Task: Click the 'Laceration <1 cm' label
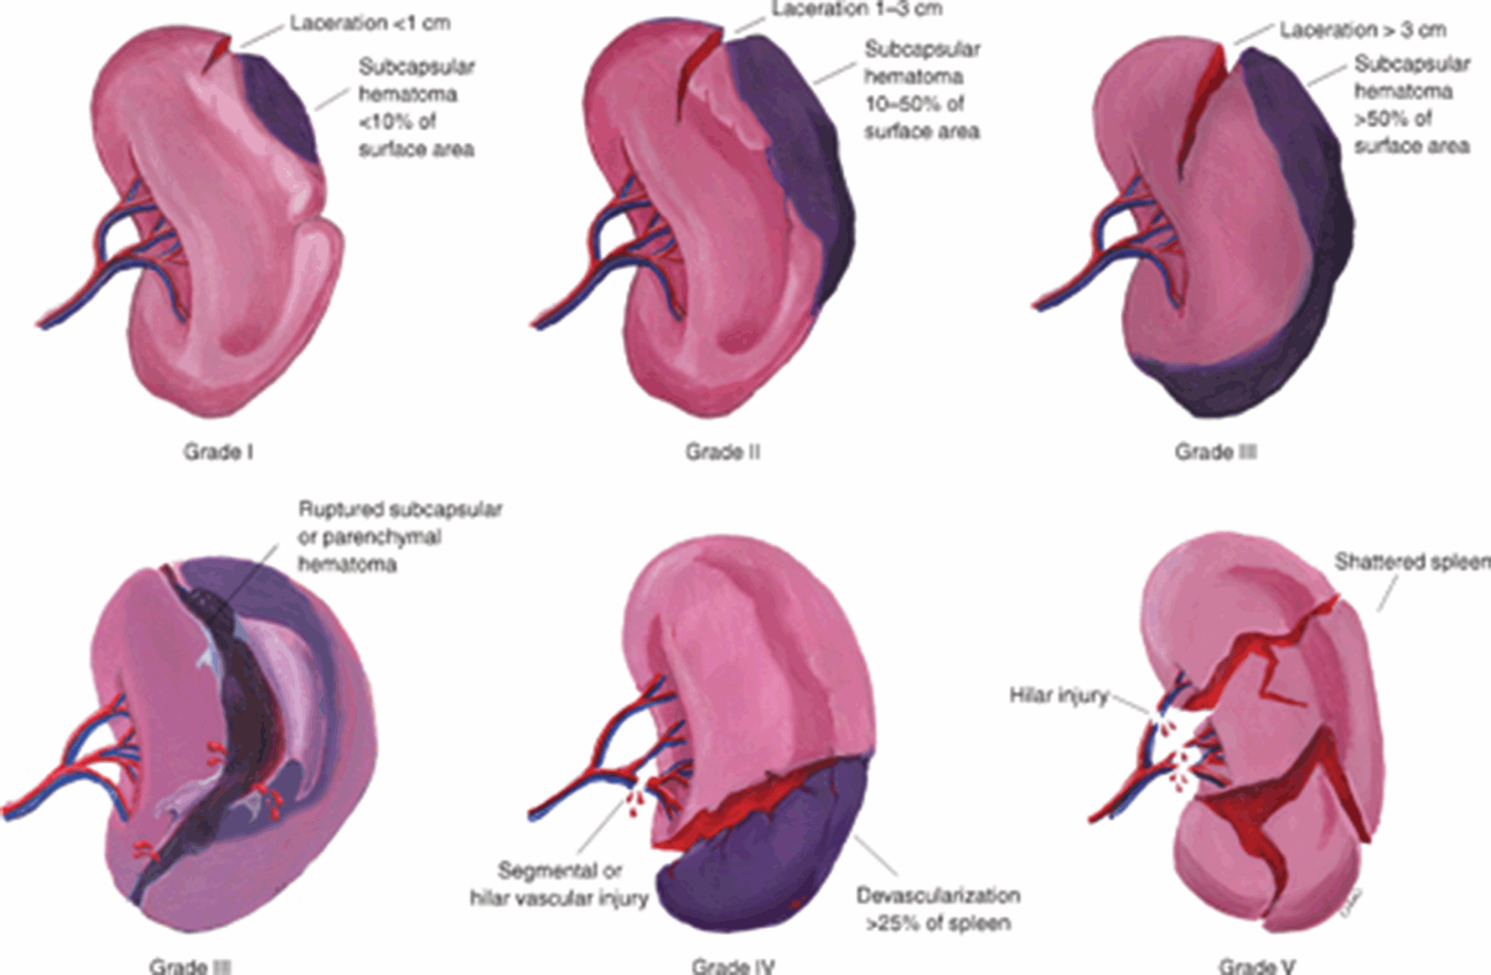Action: pyautogui.click(x=370, y=24)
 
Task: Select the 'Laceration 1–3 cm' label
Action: pyautogui.click(x=857, y=10)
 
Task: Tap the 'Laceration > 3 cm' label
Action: pyautogui.click(x=1363, y=31)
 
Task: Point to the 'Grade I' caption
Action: pyautogui.click(x=218, y=452)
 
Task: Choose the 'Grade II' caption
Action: pyautogui.click(x=723, y=452)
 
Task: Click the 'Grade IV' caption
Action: pyautogui.click(x=733, y=966)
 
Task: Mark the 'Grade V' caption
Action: pyautogui.click(x=1257, y=966)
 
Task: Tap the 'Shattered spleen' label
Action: pyautogui.click(x=1411, y=562)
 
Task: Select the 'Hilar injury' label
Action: pyautogui.click(x=1058, y=696)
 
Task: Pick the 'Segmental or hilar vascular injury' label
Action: pyautogui.click(x=559, y=884)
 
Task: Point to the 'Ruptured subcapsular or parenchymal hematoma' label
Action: pyautogui.click(x=400, y=537)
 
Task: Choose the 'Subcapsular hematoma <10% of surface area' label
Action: pyautogui.click(x=416, y=107)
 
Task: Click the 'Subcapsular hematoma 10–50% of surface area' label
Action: pyautogui.click(x=921, y=90)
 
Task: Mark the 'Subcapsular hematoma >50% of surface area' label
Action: pyautogui.click(x=1412, y=105)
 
